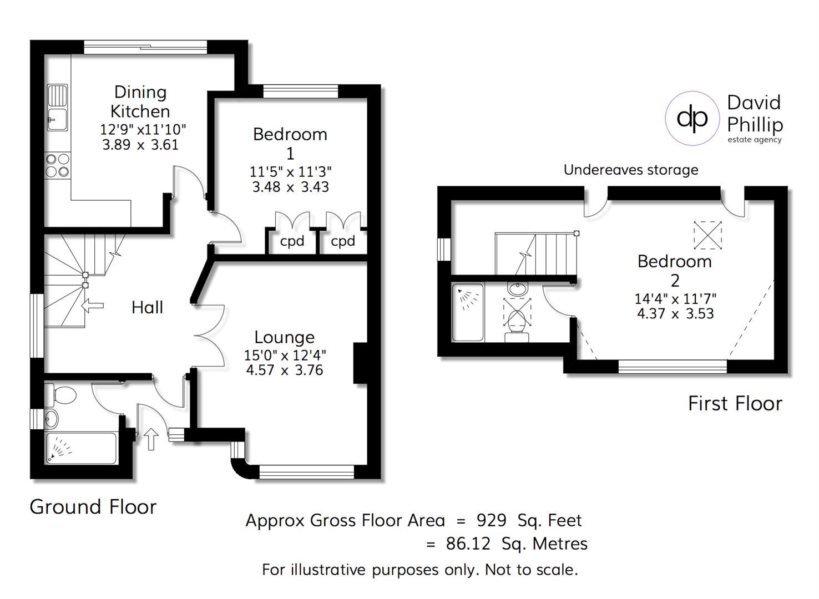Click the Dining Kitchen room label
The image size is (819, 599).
point(140,101)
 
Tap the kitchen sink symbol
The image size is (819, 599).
point(57,108)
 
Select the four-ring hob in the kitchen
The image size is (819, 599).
point(58,165)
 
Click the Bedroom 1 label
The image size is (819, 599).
point(290,143)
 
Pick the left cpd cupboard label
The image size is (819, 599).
point(292,241)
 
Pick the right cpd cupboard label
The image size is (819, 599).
point(343,241)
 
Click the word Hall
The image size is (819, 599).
point(147,307)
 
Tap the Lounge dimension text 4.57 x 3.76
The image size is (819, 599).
point(285,370)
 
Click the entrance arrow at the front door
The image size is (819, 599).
point(151,439)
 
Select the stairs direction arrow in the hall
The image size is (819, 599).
point(92,305)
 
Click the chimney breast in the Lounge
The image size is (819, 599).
point(361,363)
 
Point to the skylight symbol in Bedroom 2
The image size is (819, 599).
point(707,235)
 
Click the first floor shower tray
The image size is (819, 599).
point(468,312)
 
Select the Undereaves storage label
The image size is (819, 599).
point(631,170)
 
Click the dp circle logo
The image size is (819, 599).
point(692,118)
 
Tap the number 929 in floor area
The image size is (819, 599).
point(492,521)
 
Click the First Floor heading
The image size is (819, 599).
point(735,403)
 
